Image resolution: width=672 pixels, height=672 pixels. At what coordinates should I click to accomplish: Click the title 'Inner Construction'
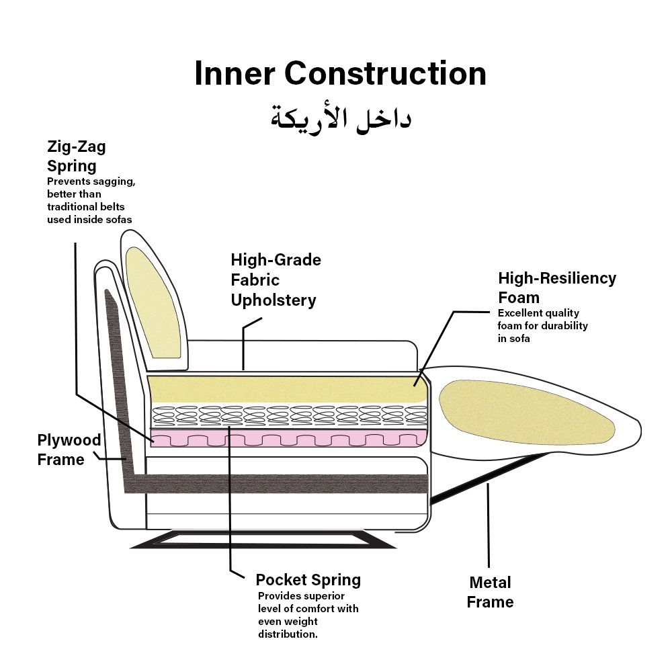click(x=340, y=73)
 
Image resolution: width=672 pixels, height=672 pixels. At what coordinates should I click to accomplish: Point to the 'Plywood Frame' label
click(x=69, y=450)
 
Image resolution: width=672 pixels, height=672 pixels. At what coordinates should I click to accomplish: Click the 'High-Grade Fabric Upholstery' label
click(x=276, y=280)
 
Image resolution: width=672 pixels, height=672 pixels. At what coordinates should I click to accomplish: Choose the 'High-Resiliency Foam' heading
click(x=556, y=288)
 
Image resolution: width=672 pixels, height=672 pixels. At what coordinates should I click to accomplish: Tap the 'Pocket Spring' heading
click(x=308, y=579)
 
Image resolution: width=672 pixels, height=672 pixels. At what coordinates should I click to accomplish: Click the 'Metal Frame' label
click(x=490, y=592)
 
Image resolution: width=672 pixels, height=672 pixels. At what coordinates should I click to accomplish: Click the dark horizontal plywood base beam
click(x=282, y=483)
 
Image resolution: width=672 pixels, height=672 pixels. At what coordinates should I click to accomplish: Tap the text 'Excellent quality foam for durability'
click(x=542, y=326)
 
